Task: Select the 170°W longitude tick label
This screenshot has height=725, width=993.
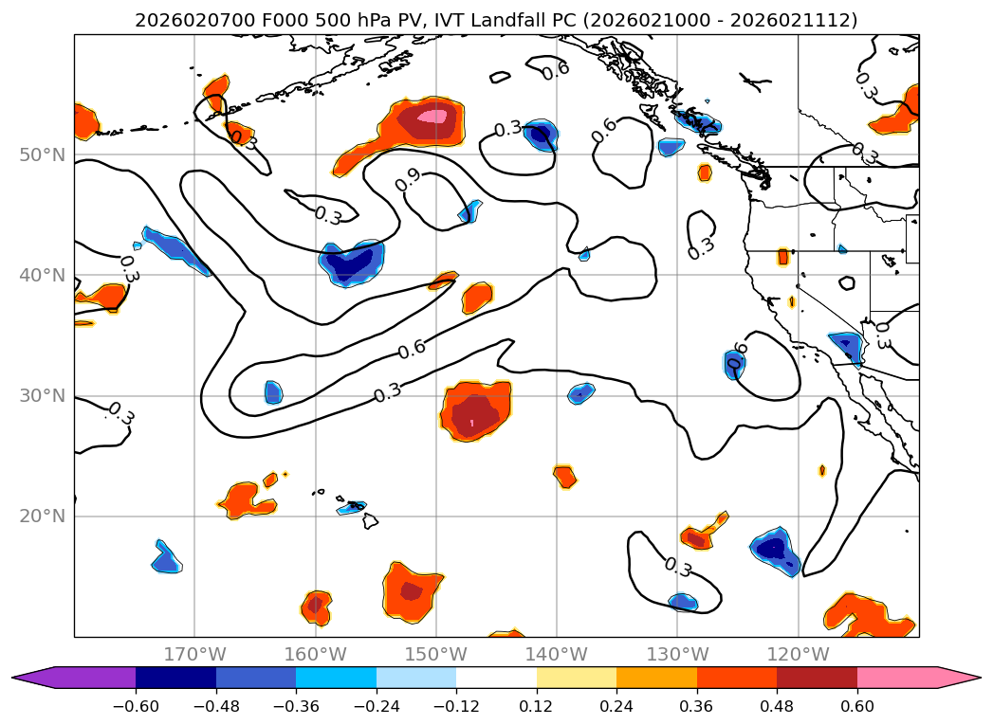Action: tap(194, 654)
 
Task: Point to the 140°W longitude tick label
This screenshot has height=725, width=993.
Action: tap(557, 654)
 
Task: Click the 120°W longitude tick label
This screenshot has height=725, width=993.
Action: tap(798, 654)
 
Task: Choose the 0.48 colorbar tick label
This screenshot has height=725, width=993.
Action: tap(776, 707)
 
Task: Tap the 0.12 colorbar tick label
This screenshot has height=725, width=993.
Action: tap(536, 707)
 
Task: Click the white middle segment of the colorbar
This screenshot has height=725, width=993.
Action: tap(496, 678)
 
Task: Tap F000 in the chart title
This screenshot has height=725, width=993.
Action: tap(253, 20)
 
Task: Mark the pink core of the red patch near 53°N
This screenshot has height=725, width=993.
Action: tap(432, 117)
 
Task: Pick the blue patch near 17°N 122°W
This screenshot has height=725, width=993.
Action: tap(773, 549)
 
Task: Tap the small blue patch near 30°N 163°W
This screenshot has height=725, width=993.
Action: tap(273, 391)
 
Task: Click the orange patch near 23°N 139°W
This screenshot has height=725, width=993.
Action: tap(565, 476)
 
